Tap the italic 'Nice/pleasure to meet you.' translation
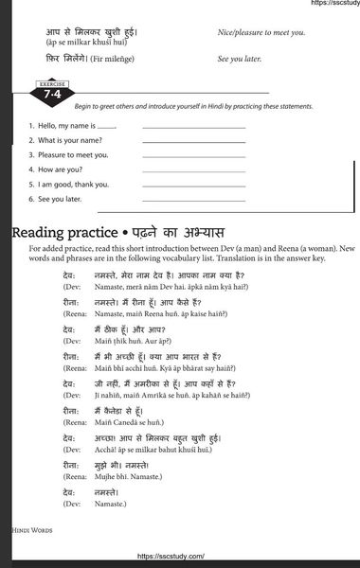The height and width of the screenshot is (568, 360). (261, 32)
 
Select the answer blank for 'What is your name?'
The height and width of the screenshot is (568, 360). (193, 141)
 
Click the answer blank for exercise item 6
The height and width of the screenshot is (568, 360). (193, 200)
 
